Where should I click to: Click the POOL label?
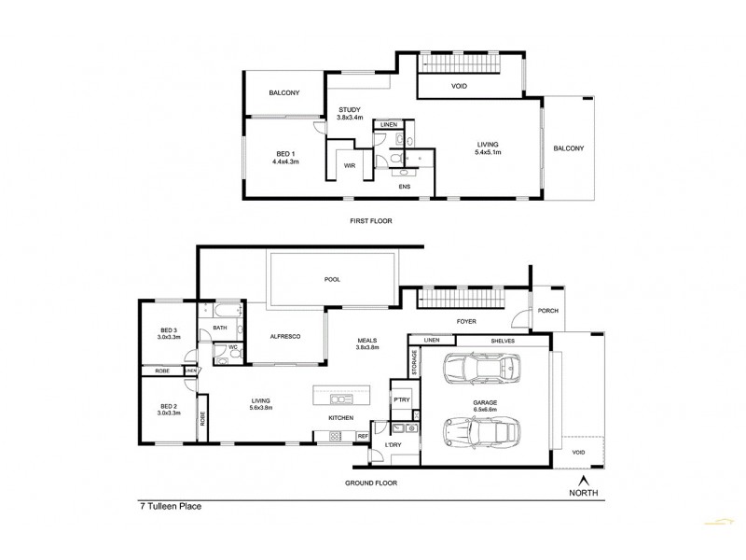coord(331,279)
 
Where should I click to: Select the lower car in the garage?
coord(480,432)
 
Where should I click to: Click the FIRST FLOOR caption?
coord(370,221)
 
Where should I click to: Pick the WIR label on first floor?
coord(350,165)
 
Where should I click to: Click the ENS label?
coord(404,187)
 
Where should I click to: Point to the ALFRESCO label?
coord(283,336)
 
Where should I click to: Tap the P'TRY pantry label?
coord(402,399)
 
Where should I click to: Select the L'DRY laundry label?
coord(394,446)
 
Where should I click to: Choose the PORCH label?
coord(547,311)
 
